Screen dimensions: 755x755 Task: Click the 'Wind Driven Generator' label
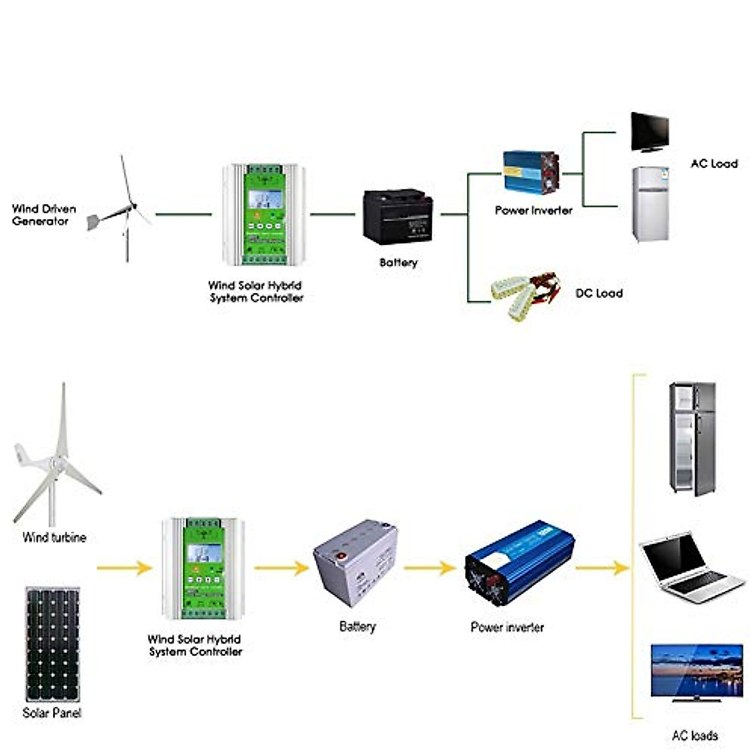43,215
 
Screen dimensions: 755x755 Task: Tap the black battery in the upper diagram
397,216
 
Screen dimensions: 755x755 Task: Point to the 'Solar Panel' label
52,713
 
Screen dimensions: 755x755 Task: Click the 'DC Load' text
598,293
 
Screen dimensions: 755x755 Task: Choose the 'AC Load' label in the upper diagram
713,164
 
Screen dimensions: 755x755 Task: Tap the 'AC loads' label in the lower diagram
695,735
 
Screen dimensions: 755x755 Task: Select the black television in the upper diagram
649,132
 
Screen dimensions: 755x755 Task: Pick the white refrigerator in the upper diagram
649,204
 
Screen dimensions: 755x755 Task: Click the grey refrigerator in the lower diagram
691,438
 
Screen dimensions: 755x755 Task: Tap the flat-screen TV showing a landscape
696,671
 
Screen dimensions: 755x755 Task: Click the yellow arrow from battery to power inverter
430,568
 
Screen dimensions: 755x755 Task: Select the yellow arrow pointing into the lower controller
125,568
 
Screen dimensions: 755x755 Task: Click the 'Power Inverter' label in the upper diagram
534,211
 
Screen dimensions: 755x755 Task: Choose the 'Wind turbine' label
54,537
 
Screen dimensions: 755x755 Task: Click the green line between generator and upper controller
183,215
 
